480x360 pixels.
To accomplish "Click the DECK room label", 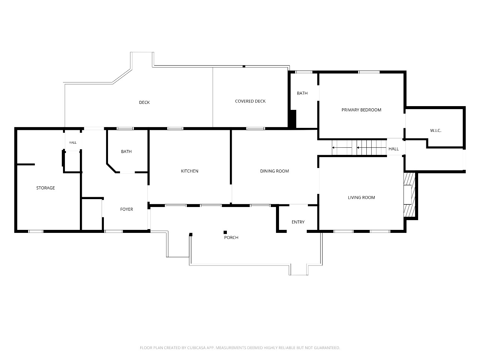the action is click(x=144, y=102).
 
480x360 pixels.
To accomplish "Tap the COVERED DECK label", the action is click(x=250, y=101).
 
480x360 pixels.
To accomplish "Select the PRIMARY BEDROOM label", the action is click(x=361, y=110).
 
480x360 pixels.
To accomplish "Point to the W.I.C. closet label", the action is click(x=436, y=130).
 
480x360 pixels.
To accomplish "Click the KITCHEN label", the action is click(x=190, y=171).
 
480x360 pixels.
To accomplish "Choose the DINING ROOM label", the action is click(x=274, y=171).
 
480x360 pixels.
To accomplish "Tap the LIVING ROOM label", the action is click(x=361, y=197).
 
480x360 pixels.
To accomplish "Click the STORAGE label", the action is click(x=45, y=188).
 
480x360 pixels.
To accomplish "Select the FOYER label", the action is click(x=127, y=209).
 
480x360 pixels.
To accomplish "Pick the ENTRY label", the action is click(x=298, y=222).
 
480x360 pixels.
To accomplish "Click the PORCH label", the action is click(x=231, y=237).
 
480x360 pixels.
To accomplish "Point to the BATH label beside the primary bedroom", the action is click(x=302, y=93).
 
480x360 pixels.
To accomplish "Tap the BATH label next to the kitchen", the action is click(x=126, y=151).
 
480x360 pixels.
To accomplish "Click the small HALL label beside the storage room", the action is click(x=73, y=142).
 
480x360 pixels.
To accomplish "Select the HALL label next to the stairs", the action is click(x=393, y=149).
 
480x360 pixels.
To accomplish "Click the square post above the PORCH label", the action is click(x=225, y=232).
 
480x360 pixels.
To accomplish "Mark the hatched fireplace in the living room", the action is click(x=409, y=195).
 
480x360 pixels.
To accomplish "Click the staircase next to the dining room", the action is click(x=359, y=147).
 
